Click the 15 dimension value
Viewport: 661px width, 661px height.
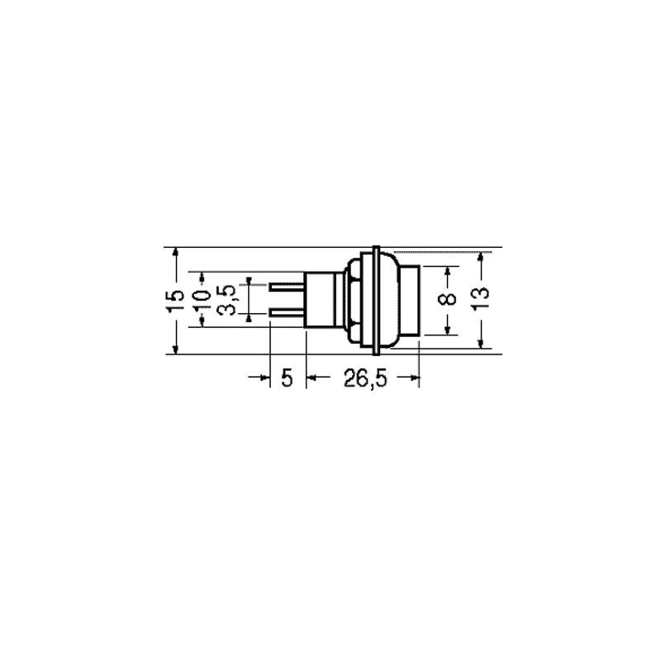coord(175,301)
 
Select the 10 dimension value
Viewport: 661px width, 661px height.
coord(203,300)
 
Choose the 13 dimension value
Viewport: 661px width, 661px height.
coord(480,298)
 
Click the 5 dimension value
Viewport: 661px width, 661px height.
coord(287,378)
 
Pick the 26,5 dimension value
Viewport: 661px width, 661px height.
coord(365,378)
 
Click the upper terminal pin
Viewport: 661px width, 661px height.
coord(287,288)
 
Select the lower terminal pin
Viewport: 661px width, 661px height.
coord(287,313)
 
